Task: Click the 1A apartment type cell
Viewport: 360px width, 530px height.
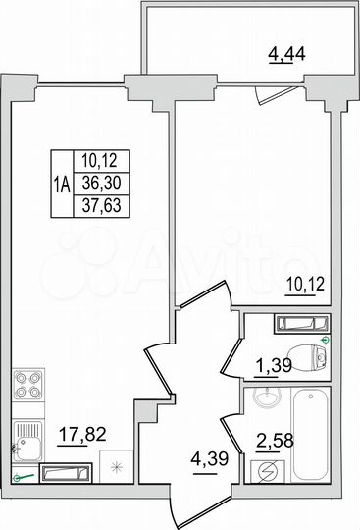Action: pyautogui.click(x=61, y=181)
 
